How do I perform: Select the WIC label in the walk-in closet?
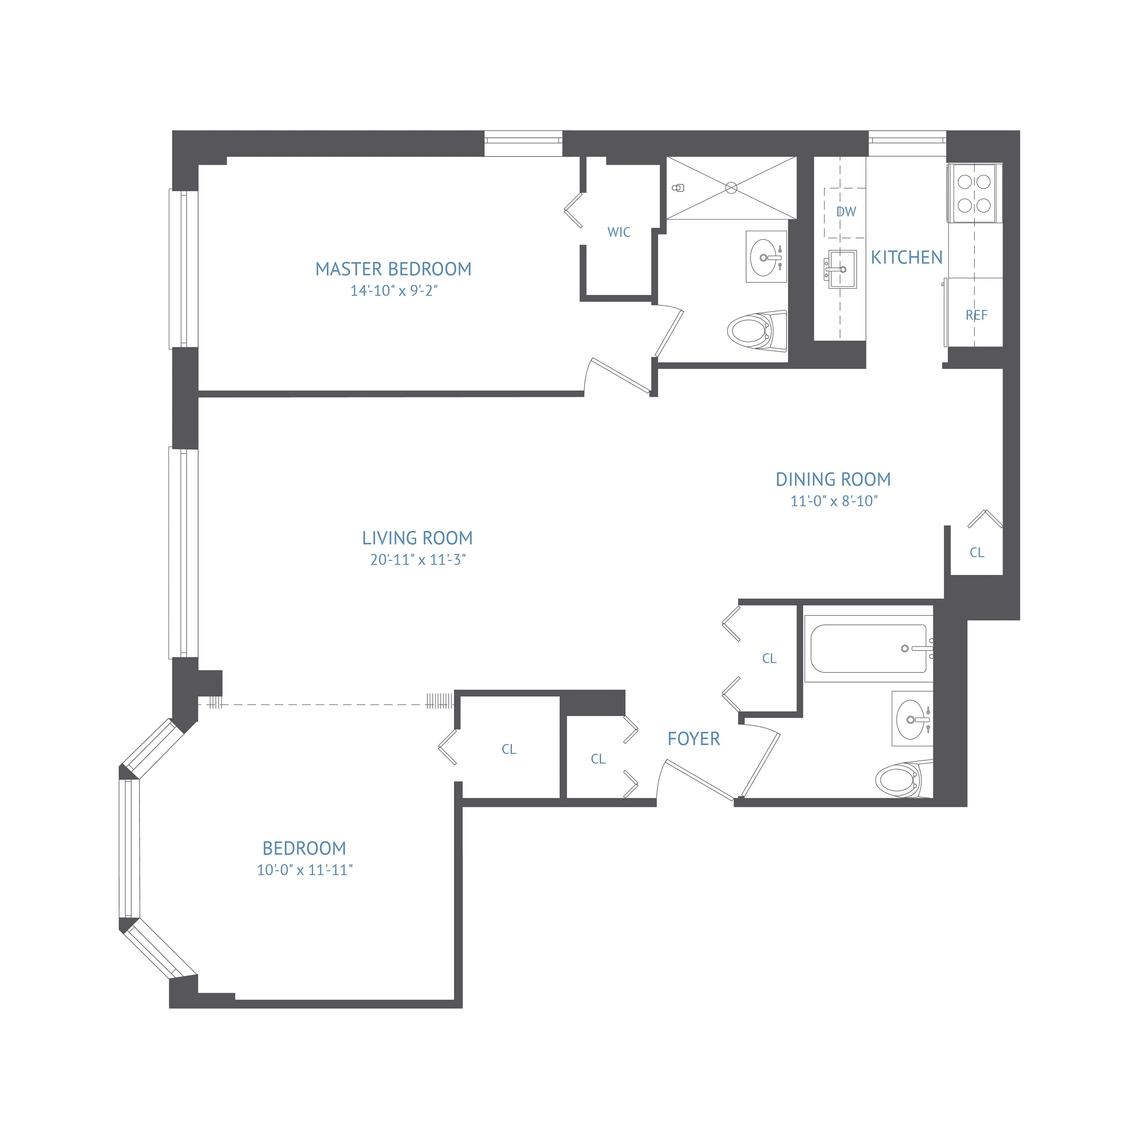[618, 232]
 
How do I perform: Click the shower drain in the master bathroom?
[731, 188]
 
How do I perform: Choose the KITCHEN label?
[906, 258]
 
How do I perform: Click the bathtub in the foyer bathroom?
[868, 648]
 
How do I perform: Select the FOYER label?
[693, 739]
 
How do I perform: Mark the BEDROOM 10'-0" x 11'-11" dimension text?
[304, 870]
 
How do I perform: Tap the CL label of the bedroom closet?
[509, 749]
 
